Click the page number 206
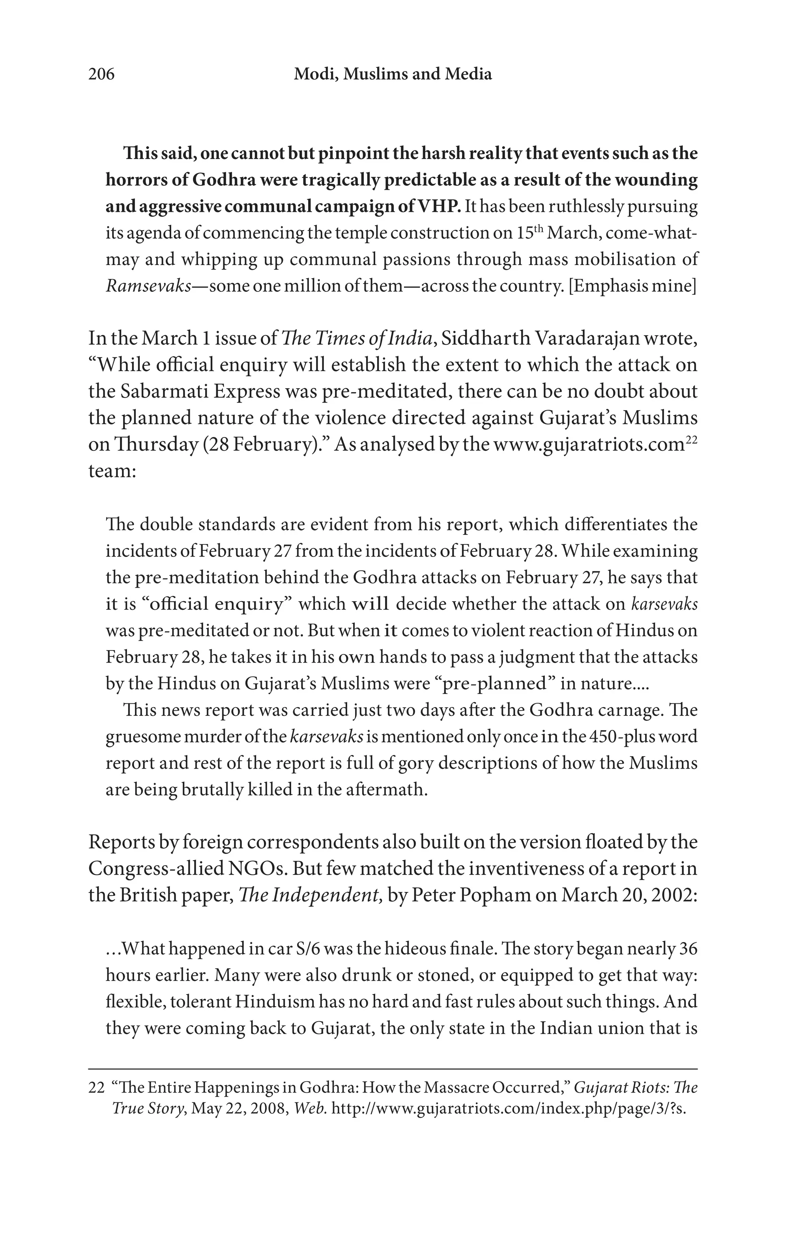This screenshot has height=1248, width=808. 101,75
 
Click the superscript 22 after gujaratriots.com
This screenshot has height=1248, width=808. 692,439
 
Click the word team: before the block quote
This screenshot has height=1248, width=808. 112,471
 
